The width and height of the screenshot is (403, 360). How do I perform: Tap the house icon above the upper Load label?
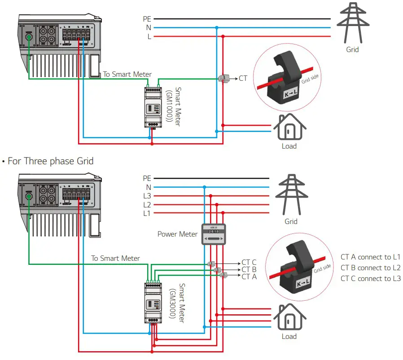tap(289, 127)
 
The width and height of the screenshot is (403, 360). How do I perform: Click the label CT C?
tap(249, 263)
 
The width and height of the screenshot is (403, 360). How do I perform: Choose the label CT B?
tap(249, 270)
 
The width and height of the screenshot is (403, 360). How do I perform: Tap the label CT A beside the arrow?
tap(249, 277)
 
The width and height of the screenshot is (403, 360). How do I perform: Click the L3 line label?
tap(147, 196)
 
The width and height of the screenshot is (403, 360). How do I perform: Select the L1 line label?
tap(147, 213)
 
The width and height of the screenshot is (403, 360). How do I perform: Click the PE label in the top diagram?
tap(147, 19)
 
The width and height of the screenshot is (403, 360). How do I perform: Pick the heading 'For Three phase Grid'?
tap(50, 161)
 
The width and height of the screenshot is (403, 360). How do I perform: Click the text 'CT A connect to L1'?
tap(370, 257)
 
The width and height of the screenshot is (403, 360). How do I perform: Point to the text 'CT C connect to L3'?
tap(370, 279)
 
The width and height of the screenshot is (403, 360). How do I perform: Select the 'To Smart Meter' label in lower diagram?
tap(115, 259)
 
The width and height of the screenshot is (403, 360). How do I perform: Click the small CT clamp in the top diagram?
tap(223, 79)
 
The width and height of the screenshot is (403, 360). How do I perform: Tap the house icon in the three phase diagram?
tap(289, 318)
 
